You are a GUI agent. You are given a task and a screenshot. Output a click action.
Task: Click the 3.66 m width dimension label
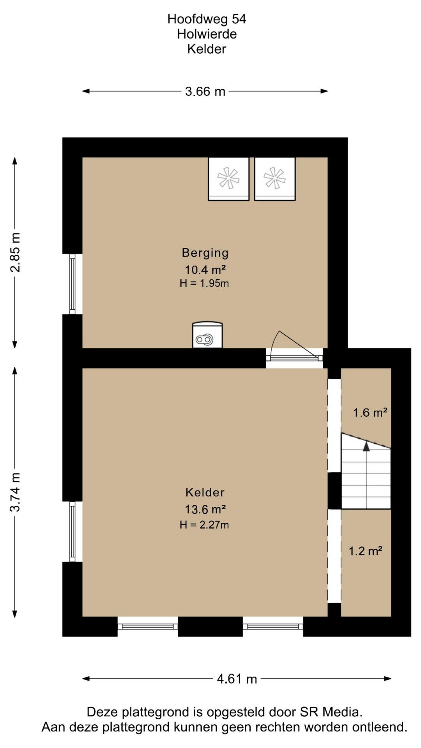[205, 92]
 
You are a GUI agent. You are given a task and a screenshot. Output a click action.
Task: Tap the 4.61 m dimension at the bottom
[237, 679]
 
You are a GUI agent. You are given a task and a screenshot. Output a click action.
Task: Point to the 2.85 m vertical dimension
[15, 252]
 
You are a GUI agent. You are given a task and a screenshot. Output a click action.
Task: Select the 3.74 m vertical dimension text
[15, 492]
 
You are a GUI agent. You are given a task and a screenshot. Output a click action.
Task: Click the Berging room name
[205, 253]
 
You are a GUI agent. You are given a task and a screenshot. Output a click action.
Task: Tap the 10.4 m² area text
[205, 270]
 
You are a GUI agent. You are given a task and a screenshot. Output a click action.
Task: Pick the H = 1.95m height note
[204, 283]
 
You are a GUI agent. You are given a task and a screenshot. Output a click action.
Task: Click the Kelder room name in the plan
[205, 492]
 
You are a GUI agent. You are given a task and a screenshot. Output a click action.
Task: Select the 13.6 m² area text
[205, 509]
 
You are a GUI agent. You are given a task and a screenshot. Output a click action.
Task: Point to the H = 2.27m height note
[204, 525]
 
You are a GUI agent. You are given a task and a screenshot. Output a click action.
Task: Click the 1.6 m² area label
[370, 413]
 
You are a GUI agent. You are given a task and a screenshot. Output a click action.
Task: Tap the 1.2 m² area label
[365, 551]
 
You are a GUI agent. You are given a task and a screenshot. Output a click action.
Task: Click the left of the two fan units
[228, 179]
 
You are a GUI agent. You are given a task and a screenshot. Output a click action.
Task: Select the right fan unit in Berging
[275, 179]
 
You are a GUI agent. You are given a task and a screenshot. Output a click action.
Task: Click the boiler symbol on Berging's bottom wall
[207, 335]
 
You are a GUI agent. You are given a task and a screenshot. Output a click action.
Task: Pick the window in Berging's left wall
[72, 284]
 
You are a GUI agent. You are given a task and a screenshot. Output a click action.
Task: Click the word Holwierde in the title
[207, 34]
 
